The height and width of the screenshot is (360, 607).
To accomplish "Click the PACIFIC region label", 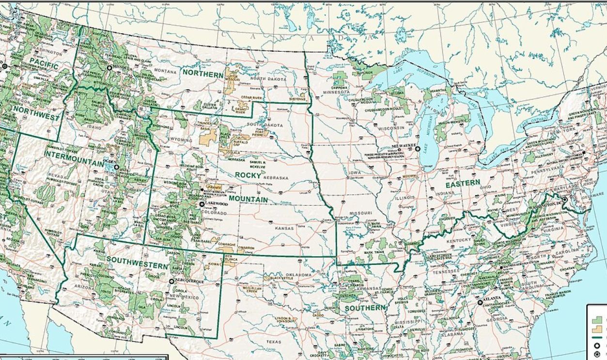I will pyautogui.click(x=44, y=63).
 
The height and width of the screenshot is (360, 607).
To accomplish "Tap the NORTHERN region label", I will pyautogui.click(x=203, y=73).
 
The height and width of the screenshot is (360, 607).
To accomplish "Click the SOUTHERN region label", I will pyautogui.click(x=365, y=308).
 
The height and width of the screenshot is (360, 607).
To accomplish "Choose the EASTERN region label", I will pyautogui.click(x=463, y=184).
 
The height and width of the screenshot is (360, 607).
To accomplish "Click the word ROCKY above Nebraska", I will pyautogui.click(x=248, y=175).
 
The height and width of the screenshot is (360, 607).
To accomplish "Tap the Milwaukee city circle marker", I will pyautogui.click(x=418, y=149).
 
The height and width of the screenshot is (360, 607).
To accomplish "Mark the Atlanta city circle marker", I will pyautogui.click(x=480, y=302).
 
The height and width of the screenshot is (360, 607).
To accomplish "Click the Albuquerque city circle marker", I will pyautogui.click(x=171, y=281).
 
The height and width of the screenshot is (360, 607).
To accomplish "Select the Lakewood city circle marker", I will pyautogui.click(x=202, y=204).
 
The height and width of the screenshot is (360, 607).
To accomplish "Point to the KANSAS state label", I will pyautogui.click(x=284, y=228).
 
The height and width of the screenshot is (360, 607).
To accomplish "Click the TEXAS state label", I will pyautogui.click(x=273, y=342).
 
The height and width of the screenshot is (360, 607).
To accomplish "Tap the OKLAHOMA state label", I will pyautogui.click(x=298, y=275).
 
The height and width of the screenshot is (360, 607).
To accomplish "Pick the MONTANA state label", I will pyautogui.click(x=166, y=70).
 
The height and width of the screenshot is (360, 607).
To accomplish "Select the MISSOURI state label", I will pyautogui.click(x=361, y=213).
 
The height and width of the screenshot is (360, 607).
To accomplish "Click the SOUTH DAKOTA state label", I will pyautogui.click(x=264, y=125).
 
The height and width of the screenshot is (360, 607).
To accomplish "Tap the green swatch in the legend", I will pyautogui.click(x=598, y=320).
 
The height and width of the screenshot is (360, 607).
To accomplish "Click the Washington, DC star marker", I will pyautogui.click(x=564, y=200).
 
